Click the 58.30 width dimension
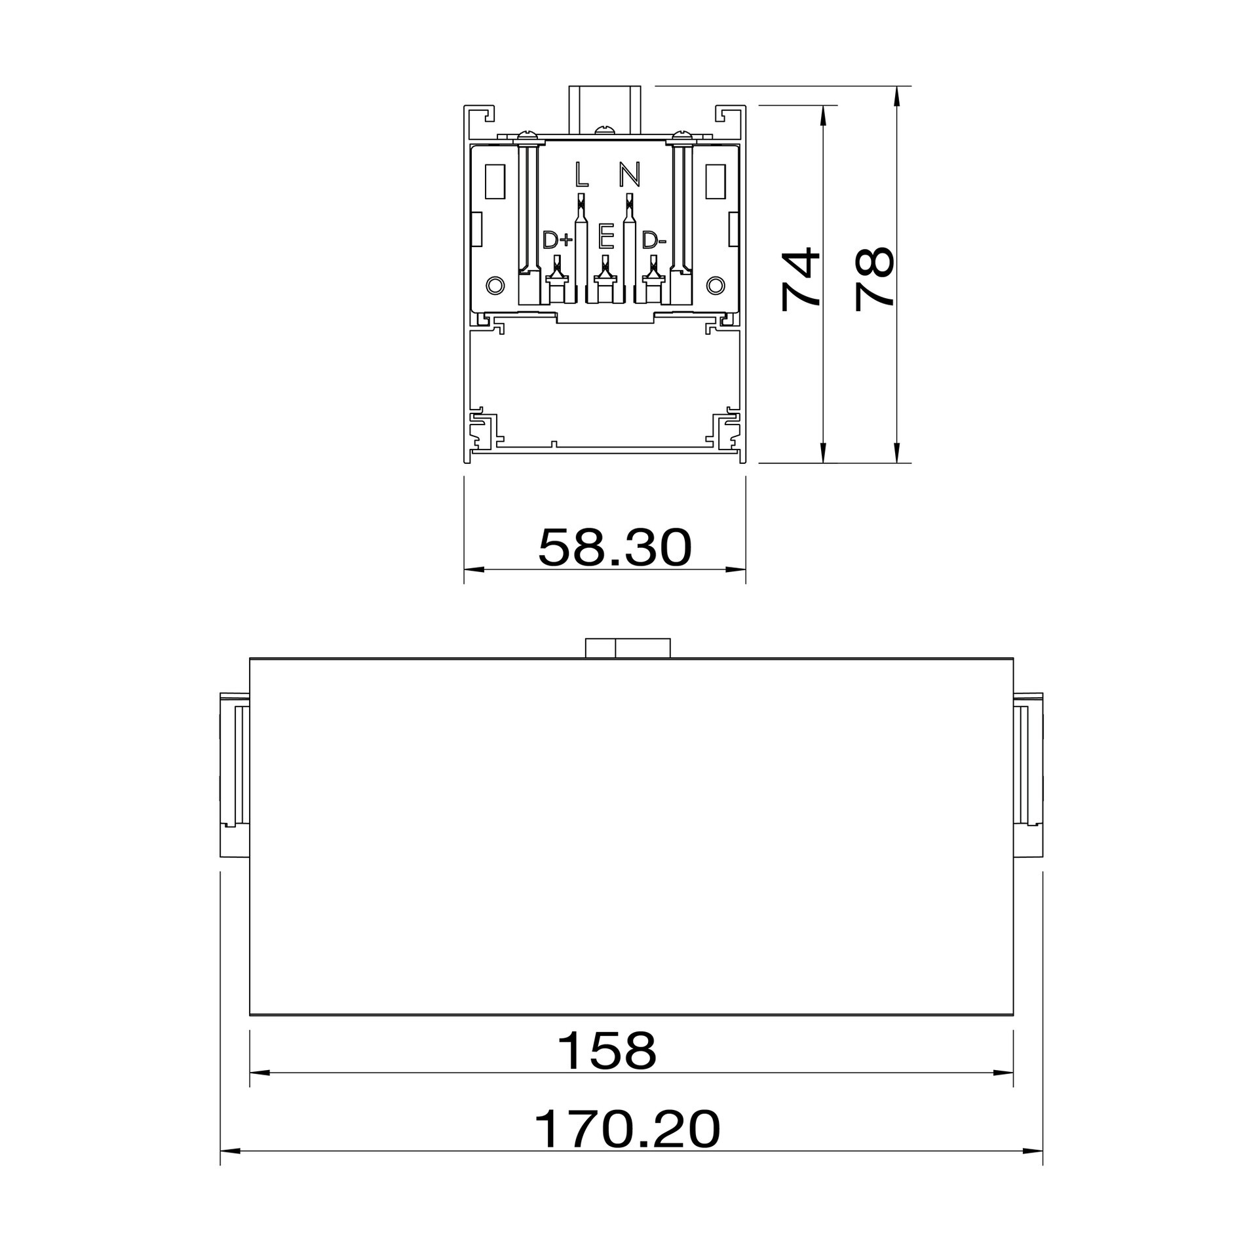point(615,548)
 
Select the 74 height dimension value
point(801,278)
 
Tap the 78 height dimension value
point(875,278)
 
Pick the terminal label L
point(581,174)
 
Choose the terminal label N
point(629,174)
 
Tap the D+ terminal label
point(558,240)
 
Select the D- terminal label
point(654,240)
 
